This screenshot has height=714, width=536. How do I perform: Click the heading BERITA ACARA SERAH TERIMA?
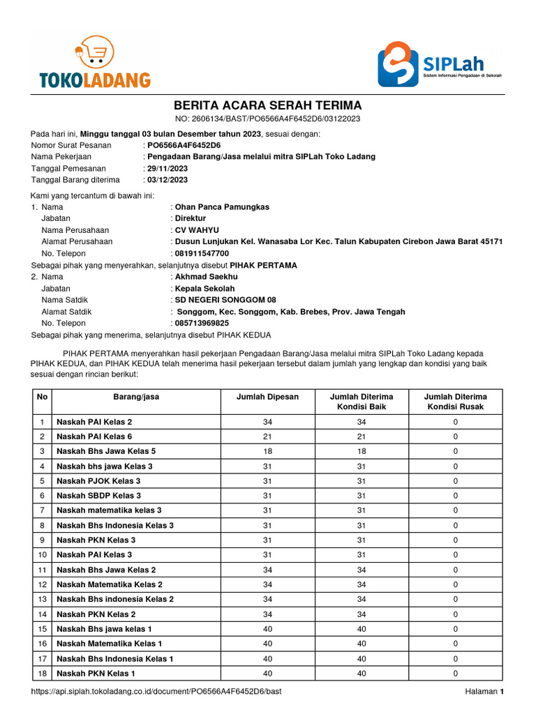[x=267, y=105]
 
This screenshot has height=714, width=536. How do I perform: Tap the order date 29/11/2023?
[x=167, y=169]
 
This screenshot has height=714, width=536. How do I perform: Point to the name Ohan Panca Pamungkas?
[x=222, y=207]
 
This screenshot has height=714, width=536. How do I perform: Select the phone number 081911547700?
[x=202, y=254]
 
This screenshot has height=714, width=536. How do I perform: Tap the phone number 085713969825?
[x=202, y=324]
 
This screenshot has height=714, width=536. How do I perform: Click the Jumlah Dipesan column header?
[x=268, y=397]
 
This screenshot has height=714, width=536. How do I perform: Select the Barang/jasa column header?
[x=136, y=397]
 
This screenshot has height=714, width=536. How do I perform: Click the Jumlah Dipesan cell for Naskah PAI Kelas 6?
[x=268, y=436]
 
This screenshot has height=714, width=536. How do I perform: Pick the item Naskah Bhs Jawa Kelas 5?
[x=106, y=451]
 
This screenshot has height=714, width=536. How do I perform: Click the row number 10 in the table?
[x=42, y=555]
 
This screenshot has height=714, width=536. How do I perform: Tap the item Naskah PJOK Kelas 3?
[x=98, y=481]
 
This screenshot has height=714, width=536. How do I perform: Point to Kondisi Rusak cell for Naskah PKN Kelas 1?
[x=455, y=674]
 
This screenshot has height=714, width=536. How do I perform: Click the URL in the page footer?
[x=156, y=692]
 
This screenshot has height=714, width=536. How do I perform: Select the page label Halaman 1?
[x=484, y=692]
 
